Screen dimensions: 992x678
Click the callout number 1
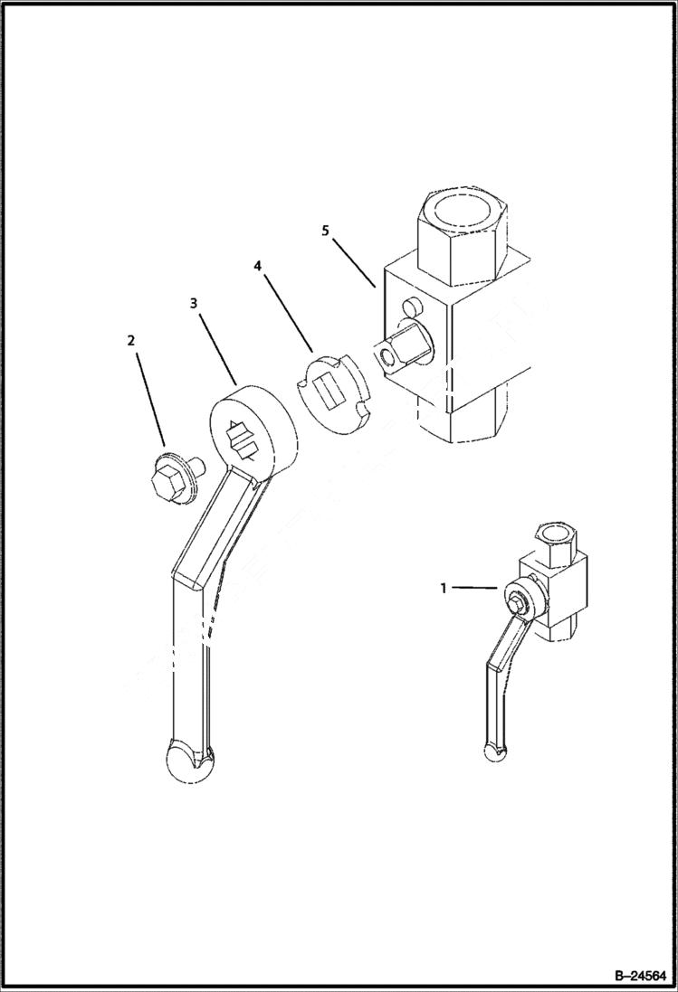pyautogui.click(x=444, y=588)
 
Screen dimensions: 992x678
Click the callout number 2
pyautogui.click(x=131, y=340)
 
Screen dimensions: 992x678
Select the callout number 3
pyautogui.click(x=194, y=304)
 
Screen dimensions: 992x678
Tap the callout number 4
pyautogui.click(x=257, y=266)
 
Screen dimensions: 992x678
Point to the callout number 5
pyautogui.click(x=325, y=231)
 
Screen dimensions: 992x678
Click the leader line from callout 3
pyautogui.click(x=217, y=347)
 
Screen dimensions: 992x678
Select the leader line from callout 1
pyautogui.click(x=474, y=588)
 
